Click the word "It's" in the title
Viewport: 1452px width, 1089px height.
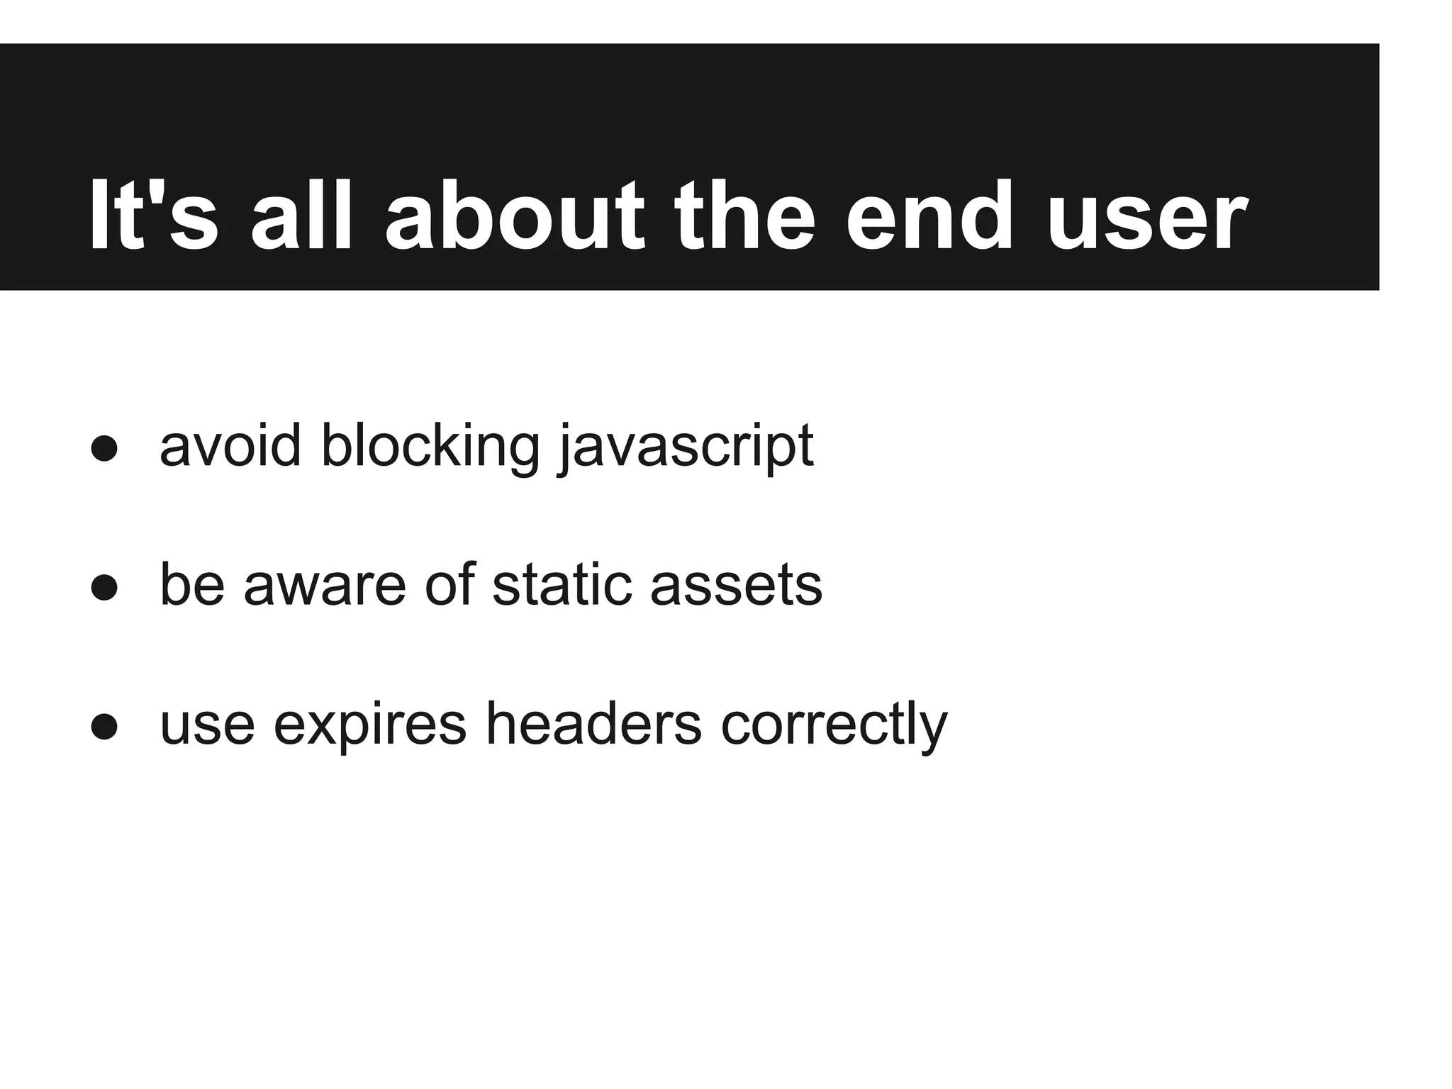(153, 216)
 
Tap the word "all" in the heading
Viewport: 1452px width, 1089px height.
(301, 216)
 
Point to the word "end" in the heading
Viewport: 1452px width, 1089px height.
(929, 216)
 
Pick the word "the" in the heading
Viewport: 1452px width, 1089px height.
(744, 216)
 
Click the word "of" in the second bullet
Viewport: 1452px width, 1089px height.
(449, 586)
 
